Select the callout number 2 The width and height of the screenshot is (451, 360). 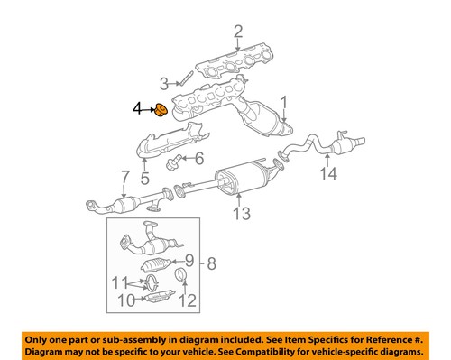(238, 33)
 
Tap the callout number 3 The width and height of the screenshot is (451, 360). (164, 85)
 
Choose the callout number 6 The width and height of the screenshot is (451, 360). (198, 159)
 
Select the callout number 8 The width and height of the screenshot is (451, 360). (213, 265)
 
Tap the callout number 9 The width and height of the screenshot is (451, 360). (189, 261)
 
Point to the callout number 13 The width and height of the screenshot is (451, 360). (240, 213)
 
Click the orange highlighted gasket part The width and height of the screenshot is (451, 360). (159, 110)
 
